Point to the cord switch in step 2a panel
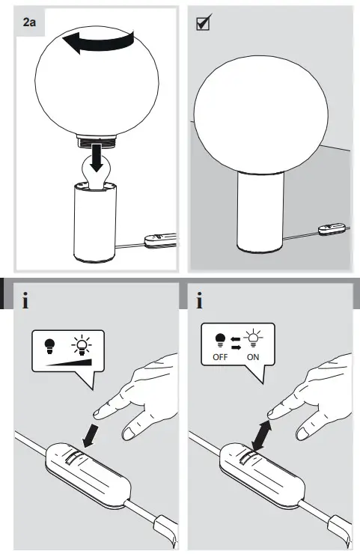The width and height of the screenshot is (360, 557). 159,240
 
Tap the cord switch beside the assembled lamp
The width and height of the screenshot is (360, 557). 329,231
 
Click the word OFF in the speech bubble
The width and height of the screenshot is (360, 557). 219,357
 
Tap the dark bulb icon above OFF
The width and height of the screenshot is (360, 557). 219,339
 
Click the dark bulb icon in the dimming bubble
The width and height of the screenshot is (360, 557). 49,345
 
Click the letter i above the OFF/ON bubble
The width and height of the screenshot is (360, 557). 199,302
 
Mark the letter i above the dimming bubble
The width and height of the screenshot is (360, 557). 26,302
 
